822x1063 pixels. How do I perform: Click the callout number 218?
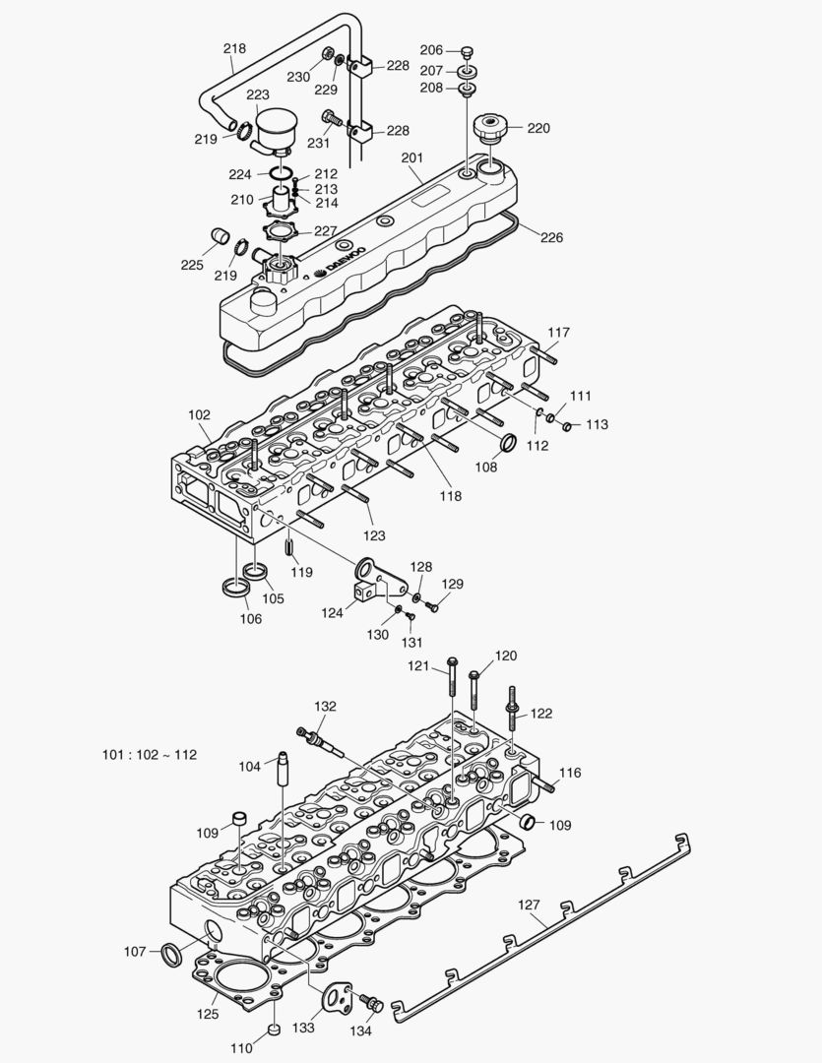click(x=234, y=48)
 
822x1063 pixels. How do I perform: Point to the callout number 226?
click(x=551, y=237)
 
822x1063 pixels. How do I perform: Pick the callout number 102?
click(x=199, y=415)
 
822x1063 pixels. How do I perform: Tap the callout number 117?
click(x=558, y=333)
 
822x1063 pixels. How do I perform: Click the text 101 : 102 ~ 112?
click(x=150, y=755)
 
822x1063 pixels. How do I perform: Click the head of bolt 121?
click(x=452, y=661)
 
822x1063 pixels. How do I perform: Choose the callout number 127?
click(x=530, y=906)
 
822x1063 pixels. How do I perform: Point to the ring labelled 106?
click(x=233, y=589)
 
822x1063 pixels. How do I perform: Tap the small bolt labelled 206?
click(x=468, y=51)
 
